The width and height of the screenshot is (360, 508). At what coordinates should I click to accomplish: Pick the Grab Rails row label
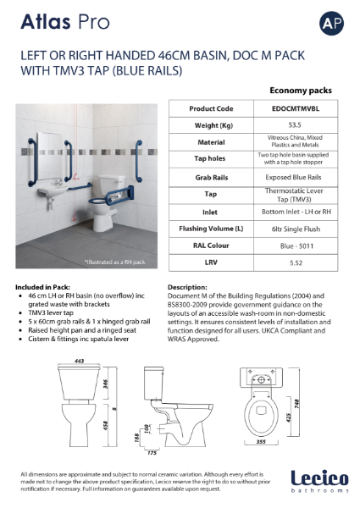(x=212, y=179)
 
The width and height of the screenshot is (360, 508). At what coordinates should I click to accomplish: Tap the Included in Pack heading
(x=48, y=287)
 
